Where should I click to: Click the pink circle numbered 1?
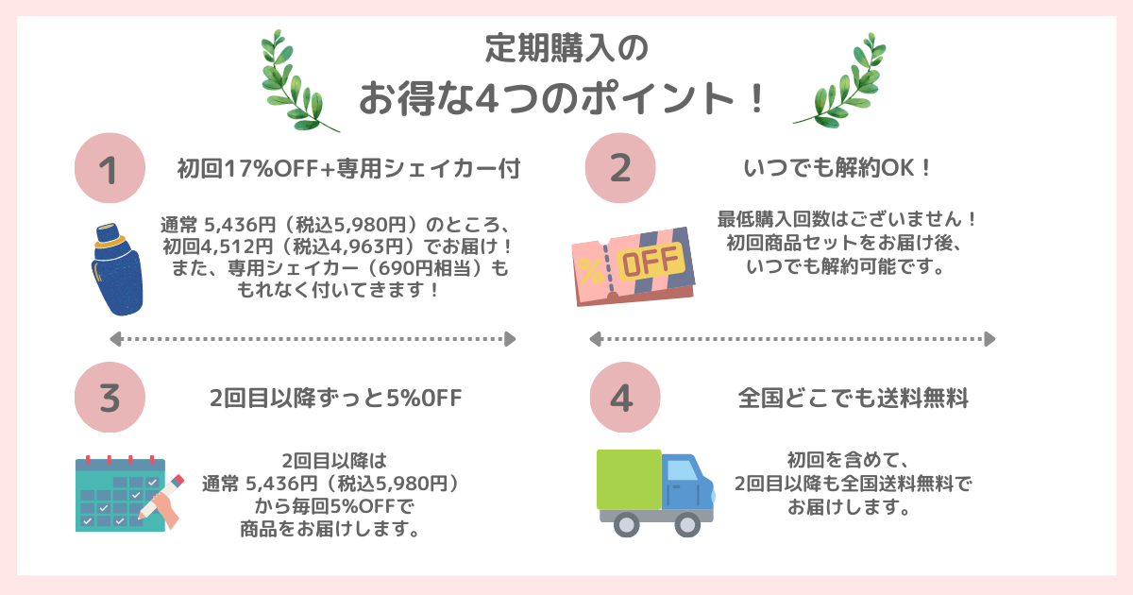click(110, 170)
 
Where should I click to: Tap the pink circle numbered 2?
click(620, 168)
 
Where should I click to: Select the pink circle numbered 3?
click(110, 398)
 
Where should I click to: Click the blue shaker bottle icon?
click(119, 269)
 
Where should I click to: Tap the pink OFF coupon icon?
click(632, 267)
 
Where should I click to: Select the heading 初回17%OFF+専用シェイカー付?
click(348, 170)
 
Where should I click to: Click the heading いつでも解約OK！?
click(837, 170)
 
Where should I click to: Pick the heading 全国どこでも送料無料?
click(853, 398)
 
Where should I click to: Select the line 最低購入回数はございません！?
click(847, 220)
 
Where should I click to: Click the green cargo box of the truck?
click(629, 481)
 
